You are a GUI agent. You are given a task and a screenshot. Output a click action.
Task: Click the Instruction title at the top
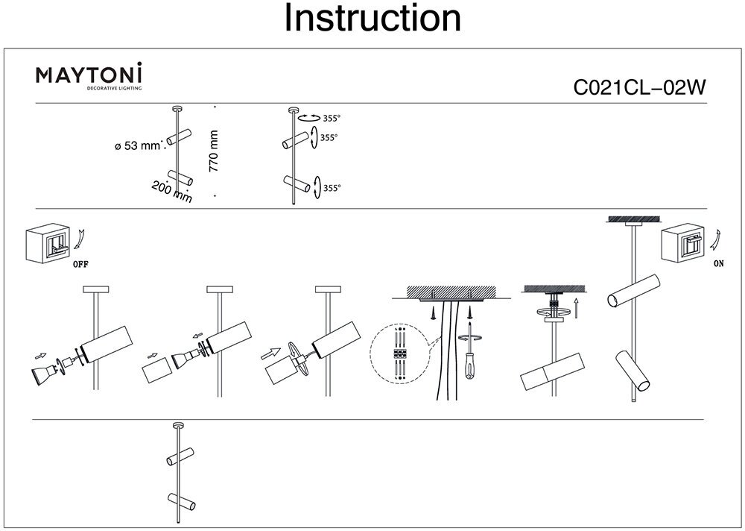coord(372,19)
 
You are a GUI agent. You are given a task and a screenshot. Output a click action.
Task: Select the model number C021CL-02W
coord(639,88)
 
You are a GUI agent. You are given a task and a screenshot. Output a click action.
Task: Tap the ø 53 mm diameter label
coord(138,146)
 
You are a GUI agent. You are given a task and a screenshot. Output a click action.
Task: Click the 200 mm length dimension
coord(171,192)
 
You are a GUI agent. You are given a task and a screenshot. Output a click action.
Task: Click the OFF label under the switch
coord(83,264)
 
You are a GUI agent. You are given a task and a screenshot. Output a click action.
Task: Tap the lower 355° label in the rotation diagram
coord(332,189)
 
